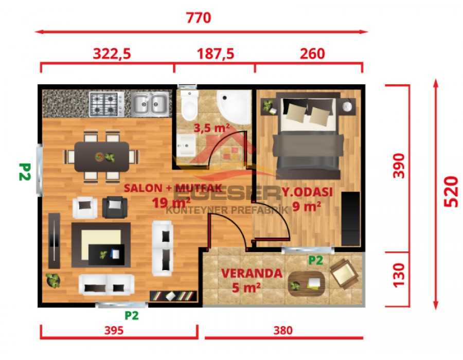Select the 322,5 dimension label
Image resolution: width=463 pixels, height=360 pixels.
pos(112,53)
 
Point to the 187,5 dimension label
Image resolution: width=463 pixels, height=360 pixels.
pos(215,53)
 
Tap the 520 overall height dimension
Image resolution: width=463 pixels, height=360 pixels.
pos(450,191)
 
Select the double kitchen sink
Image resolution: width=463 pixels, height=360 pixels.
pos(150,103)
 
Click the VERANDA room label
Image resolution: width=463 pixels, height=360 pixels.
pos(252,273)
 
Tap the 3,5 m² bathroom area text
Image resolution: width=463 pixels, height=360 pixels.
pos(211,128)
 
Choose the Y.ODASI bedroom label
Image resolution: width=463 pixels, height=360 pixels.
pos(307,192)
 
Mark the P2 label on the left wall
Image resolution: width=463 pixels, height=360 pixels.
pos(24,172)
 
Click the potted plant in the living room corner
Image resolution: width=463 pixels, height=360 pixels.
pos(52,281)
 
